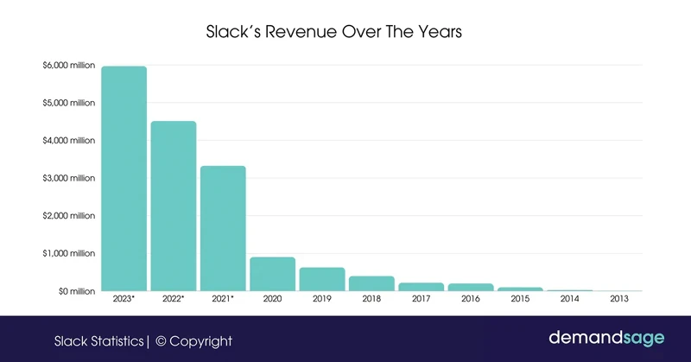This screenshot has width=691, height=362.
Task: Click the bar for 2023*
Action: [x=124, y=179]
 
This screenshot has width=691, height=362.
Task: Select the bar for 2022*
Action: [x=173, y=206]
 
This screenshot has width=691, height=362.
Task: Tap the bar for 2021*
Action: [x=223, y=229]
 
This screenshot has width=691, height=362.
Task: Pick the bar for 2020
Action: [x=272, y=274]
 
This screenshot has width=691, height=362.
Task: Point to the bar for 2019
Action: [x=322, y=279]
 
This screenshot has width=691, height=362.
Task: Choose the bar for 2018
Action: [x=371, y=283]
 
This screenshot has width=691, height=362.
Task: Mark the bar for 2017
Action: [x=421, y=287]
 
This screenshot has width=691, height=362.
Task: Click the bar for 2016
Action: [x=471, y=287]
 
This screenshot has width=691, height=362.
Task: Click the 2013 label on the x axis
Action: [x=619, y=300]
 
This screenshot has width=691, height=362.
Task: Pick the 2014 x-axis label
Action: [x=570, y=300]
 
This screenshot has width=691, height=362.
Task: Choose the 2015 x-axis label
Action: [x=520, y=300]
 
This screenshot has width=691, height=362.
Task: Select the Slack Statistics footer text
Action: [x=98, y=341]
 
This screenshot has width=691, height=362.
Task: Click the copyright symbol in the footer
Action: [x=162, y=341]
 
